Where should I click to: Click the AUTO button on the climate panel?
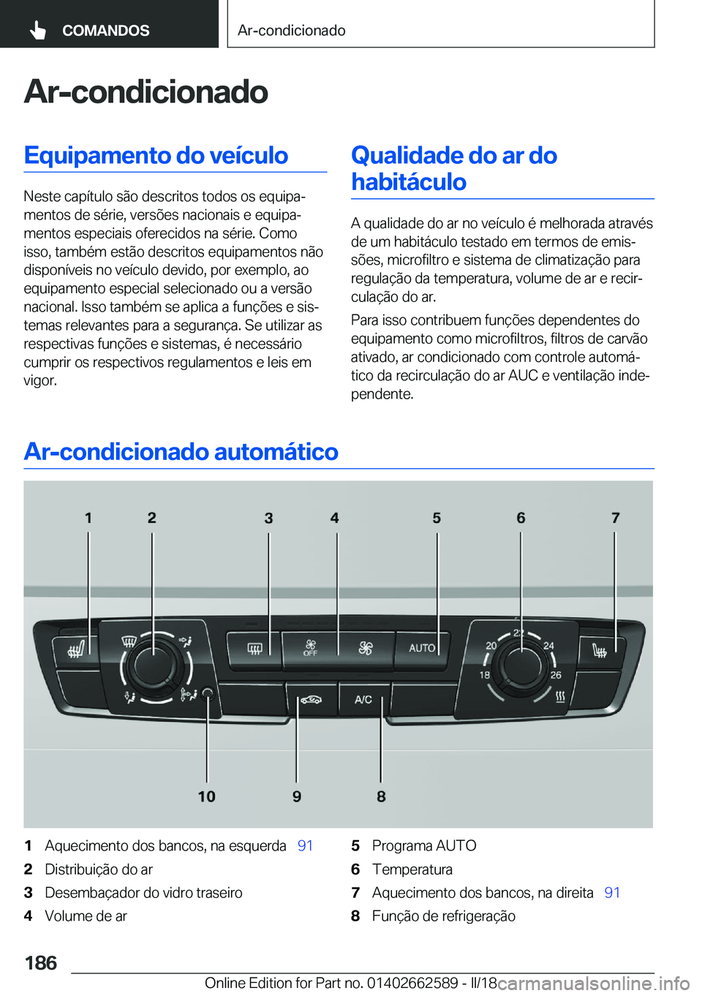422,649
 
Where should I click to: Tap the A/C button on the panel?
363,700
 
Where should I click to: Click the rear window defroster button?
254,649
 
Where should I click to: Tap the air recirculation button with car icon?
311,700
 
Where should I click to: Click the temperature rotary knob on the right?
520,664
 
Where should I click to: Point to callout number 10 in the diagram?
206,796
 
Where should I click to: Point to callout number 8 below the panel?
381,796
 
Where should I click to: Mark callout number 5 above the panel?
437,518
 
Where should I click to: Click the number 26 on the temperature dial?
556,675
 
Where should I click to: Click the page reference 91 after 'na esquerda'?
305,846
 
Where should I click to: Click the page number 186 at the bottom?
41,962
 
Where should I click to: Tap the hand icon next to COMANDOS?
38,30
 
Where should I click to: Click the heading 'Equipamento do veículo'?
156,155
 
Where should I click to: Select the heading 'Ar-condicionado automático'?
181,451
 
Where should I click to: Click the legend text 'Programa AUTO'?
424,846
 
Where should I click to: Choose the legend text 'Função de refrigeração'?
443,916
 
